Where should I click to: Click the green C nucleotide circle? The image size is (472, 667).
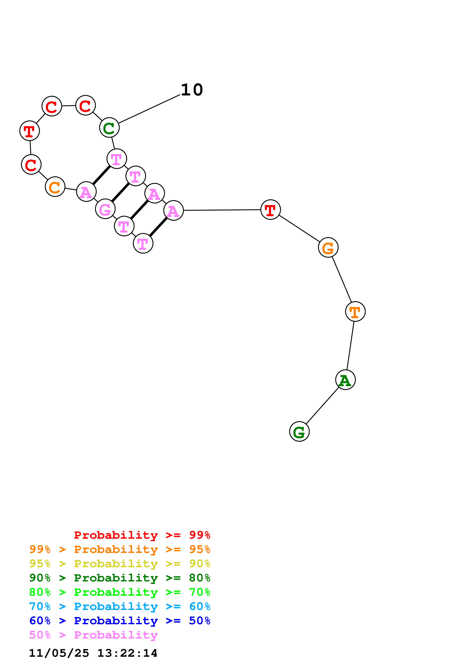click(x=109, y=128)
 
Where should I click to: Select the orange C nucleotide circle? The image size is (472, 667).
click(x=55, y=187)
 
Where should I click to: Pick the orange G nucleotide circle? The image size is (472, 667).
click(x=328, y=248)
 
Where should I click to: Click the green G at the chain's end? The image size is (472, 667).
click(x=299, y=431)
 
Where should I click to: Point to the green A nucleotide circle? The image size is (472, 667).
click(x=346, y=380)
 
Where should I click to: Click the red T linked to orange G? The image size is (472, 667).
click(x=270, y=210)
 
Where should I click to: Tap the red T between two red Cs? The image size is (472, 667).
click(x=30, y=131)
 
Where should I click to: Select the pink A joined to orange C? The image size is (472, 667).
click(x=86, y=191)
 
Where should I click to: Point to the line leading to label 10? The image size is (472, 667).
click(x=149, y=109)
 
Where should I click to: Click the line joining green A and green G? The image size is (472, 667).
click(x=323, y=406)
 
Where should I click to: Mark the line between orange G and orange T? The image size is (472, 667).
click(x=342, y=280)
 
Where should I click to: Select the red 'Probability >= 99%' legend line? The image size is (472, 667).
click(x=142, y=535)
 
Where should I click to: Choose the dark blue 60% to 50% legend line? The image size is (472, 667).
click(x=120, y=621)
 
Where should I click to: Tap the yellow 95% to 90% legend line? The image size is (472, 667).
click(x=120, y=564)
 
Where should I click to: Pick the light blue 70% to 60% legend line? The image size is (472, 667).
click(x=120, y=606)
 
